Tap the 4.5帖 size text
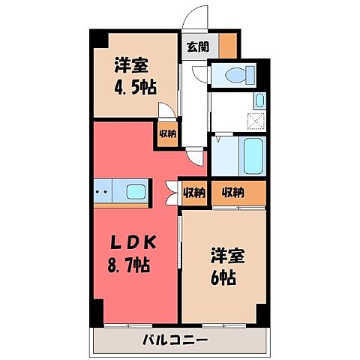pos(136,88)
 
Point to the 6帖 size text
pos(225,275)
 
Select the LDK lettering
pos(135,243)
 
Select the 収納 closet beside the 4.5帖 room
pos(167,134)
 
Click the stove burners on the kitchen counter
pos(103,191)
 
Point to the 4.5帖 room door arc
pos(170,113)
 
